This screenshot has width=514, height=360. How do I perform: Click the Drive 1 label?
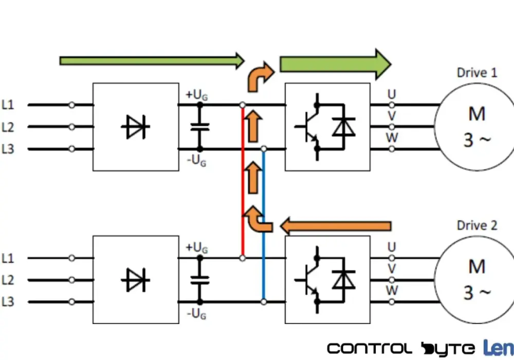[x=477, y=73]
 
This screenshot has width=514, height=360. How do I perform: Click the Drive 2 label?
[x=477, y=225]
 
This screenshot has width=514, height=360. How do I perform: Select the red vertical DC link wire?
[x=243, y=182]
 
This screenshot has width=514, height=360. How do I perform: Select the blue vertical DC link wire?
[x=264, y=225]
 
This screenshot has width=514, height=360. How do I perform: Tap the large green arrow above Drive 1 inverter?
[x=335, y=64]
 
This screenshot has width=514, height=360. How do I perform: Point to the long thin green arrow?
[x=152, y=61]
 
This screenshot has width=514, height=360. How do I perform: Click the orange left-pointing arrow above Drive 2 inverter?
[x=336, y=226]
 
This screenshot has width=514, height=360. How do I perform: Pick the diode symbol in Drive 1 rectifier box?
[x=135, y=127]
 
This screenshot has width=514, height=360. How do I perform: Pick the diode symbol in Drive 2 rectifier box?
[x=135, y=280]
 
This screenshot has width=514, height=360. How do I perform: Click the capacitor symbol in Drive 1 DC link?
[x=200, y=127]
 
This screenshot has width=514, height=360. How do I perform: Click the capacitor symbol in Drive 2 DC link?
[x=200, y=280]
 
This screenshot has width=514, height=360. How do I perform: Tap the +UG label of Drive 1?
[x=197, y=95]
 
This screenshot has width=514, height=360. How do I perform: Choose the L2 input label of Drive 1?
[x=8, y=127]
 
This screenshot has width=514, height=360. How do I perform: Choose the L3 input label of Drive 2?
[x=8, y=302]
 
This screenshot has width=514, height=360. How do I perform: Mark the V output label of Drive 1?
[x=392, y=116]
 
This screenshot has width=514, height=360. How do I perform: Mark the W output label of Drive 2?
[x=392, y=290]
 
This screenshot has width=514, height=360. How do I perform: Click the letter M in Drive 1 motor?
[x=477, y=114]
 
